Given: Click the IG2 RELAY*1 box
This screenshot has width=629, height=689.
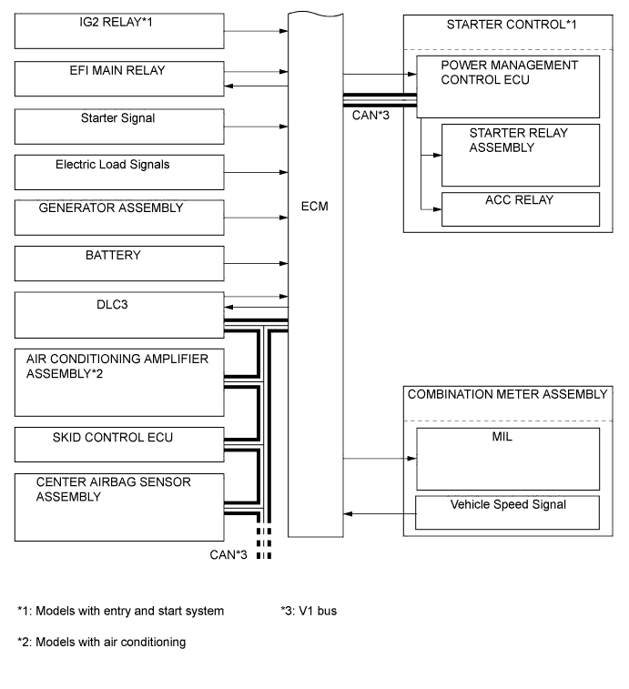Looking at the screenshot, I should (x=119, y=30).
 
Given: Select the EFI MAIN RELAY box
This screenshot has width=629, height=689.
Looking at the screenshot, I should (x=119, y=79).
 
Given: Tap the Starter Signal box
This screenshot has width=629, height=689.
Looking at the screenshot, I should (x=119, y=126).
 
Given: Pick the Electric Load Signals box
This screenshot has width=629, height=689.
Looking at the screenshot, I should (x=119, y=172).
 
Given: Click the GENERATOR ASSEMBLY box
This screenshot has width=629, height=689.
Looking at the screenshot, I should (x=119, y=218).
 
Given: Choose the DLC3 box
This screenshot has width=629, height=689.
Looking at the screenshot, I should (x=119, y=315).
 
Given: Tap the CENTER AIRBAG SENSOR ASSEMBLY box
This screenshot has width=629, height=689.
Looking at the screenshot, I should (x=119, y=506).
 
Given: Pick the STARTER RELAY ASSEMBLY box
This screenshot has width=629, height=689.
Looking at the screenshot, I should (x=520, y=155).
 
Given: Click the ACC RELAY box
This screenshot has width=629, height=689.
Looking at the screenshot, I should (x=520, y=208).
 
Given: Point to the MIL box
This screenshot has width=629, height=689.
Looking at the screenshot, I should (x=507, y=460).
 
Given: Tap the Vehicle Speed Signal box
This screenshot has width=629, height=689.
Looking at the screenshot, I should (x=507, y=512).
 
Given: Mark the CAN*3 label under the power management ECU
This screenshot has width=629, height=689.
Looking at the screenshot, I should (x=369, y=116).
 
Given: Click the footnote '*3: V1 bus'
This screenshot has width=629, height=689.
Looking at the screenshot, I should (x=309, y=611).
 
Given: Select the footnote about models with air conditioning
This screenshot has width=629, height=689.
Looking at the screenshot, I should (x=102, y=642).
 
